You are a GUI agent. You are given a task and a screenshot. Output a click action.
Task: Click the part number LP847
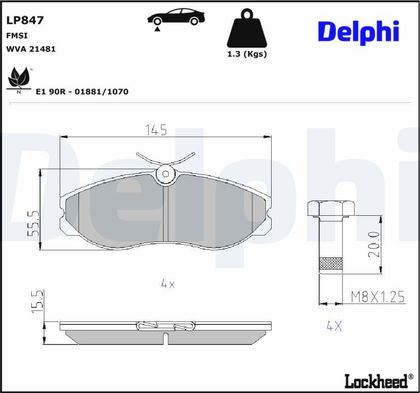coord(25,20)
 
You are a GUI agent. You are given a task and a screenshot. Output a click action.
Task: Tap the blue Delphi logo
coord(359,32)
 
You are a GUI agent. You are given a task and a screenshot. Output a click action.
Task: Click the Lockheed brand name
coord(376,381)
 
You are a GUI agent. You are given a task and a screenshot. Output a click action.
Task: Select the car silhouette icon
coord(176,17)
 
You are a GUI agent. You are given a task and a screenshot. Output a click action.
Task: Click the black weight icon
coord(247,28)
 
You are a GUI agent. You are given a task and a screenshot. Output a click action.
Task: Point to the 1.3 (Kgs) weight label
coord(247,54)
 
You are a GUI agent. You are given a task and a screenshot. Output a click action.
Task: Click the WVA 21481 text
coord(31,49)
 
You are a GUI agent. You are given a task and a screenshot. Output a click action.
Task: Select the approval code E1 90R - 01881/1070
coord(82,92)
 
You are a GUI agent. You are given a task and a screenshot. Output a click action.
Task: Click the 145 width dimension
coord(156,129)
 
